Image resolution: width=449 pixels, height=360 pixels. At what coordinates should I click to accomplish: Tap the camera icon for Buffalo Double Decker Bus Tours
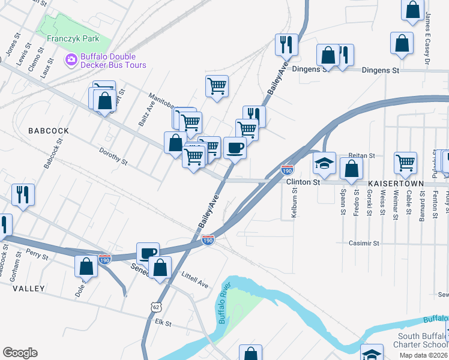click(71, 59)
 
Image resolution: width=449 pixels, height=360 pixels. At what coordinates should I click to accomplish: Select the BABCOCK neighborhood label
click(47, 130)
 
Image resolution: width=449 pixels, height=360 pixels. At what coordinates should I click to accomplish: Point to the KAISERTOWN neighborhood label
click(396, 182)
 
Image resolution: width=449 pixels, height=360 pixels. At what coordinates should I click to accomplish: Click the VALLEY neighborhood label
click(28, 289)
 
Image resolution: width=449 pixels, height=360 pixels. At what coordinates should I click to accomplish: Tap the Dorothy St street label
click(113, 157)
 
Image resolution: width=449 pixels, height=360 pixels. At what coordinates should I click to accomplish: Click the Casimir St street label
click(364, 244)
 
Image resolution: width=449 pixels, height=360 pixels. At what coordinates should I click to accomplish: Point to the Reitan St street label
click(361, 155)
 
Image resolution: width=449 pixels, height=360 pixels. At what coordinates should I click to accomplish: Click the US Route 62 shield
click(156, 307)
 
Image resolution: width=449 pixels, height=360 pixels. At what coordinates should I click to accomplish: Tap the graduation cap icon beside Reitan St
click(324, 163)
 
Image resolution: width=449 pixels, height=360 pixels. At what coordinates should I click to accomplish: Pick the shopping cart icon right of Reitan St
click(406, 162)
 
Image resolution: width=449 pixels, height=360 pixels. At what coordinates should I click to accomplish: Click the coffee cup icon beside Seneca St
click(148, 253)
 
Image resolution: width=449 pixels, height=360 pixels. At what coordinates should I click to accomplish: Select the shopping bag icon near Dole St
click(86, 267)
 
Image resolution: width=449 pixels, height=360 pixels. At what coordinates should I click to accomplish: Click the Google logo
click(20, 353)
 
